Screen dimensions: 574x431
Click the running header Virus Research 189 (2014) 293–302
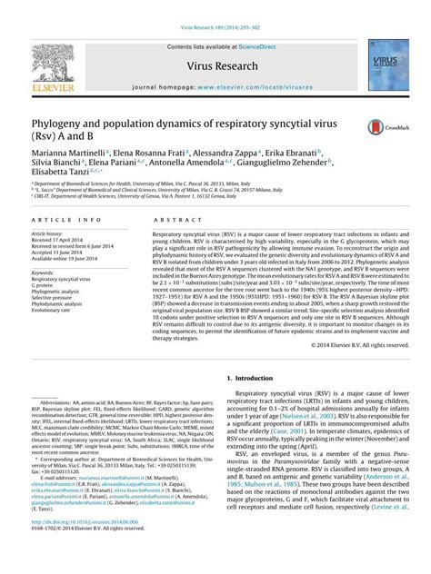click(215, 5)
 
